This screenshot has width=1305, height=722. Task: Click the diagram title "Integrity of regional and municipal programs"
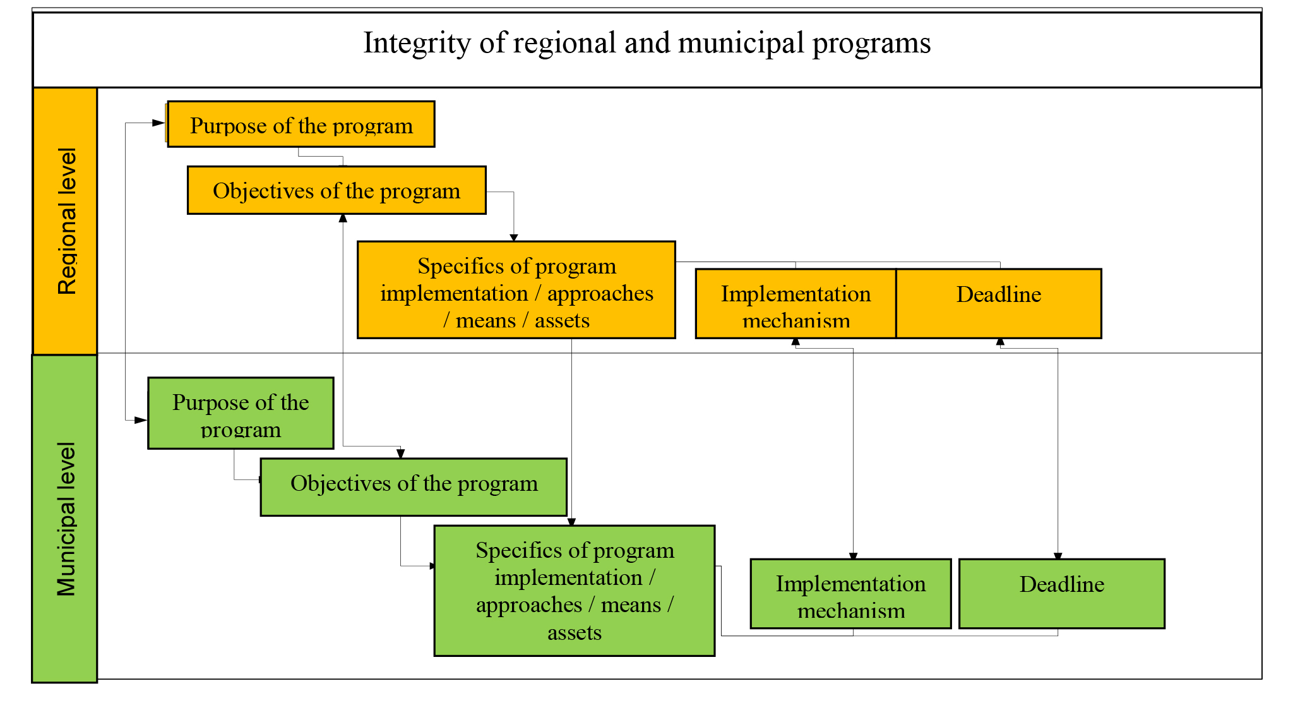click(647, 43)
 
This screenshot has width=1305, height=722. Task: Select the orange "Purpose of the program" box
click(301, 125)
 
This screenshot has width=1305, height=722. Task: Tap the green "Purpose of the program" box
click(241, 414)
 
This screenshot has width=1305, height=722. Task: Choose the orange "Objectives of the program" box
click(337, 191)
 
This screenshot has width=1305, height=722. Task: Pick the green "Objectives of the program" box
click(414, 487)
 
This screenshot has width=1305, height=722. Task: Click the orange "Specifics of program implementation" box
click(516, 290)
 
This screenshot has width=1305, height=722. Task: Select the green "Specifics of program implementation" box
click(574, 591)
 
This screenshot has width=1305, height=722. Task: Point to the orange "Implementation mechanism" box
click(796, 304)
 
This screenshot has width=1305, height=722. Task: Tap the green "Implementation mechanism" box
click(850, 594)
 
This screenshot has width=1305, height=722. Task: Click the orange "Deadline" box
click(998, 303)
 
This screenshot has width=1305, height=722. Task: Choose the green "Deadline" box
click(1061, 594)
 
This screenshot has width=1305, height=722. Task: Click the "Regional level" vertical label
click(66, 221)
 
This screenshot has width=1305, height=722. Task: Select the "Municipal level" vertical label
click(66, 519)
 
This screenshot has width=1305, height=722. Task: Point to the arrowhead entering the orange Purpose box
click(158, 123)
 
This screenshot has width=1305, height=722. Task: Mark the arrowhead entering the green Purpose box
click(140, 420)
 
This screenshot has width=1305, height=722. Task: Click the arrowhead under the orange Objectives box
click(343, 219)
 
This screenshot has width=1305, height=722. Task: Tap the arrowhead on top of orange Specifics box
click(514, 238)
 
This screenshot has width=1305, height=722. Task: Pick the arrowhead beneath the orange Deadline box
click(1000, 342)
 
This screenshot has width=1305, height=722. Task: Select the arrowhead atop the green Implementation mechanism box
click(853, 556)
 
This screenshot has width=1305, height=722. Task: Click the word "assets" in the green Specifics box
click(574, 632)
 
